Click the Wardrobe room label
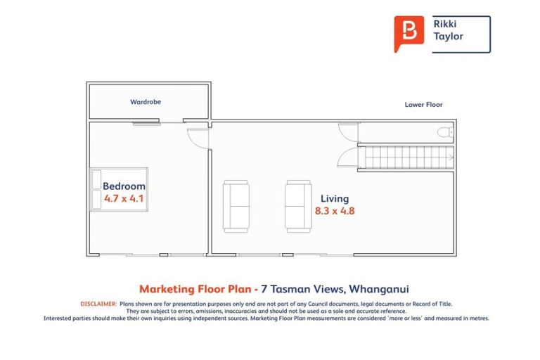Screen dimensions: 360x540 click(x=146, y=102)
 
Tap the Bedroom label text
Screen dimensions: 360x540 click(x=124, y=186)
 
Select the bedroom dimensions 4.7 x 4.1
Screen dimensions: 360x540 click(x=124, y=198)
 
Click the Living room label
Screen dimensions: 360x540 click(x=334, y=199)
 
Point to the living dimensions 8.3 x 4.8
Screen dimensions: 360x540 click(x=334, y=211)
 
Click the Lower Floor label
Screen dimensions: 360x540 click(x=423, y=105)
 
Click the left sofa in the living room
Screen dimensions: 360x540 click(x=236, y=206)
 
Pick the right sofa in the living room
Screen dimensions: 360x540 click(x=298, y=206)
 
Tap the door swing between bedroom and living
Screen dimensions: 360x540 click(x=199, y=138)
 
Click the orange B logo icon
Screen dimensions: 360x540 click(x=409, y=33)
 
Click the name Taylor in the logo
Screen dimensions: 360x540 click(x=448, y=37)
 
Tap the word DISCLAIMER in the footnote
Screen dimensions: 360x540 click(x=98, y=303)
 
